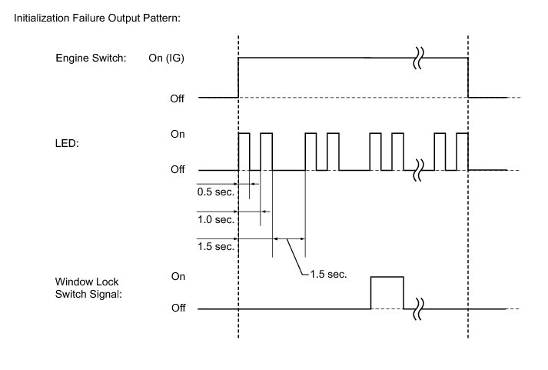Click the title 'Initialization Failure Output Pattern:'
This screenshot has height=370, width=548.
97,18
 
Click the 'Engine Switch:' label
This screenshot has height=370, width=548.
91,58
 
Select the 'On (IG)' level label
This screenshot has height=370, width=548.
166,58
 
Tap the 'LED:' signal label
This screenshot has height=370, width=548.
67,143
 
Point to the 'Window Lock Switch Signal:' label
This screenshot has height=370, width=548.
88,288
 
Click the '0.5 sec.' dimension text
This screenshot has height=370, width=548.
216,192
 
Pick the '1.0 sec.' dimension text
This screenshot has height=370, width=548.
216,220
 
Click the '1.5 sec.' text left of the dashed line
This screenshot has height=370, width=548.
216,247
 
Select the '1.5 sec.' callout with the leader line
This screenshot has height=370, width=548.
328,274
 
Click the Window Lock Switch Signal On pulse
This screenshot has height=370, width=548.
387,277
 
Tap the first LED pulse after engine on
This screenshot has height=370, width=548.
244,133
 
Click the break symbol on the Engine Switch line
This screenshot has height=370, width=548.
418,58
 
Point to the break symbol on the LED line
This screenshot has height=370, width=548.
418,170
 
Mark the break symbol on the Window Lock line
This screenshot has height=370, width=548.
418,309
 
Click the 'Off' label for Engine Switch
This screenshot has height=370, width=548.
178,98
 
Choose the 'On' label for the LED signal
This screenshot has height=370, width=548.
178,134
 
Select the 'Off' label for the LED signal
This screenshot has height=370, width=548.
178,169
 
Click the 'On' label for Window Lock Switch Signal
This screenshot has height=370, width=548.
178,276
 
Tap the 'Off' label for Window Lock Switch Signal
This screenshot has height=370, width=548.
178,308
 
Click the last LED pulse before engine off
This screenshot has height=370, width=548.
462,133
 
